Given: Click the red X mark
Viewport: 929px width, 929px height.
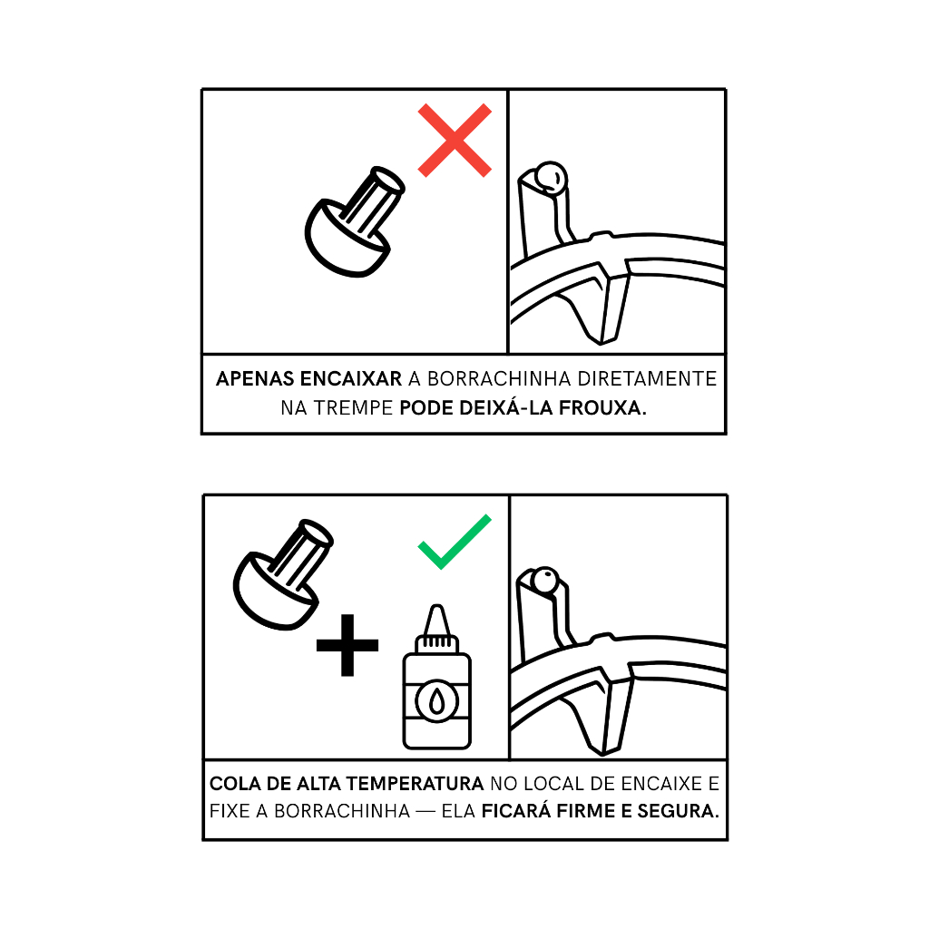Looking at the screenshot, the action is click(455, 141).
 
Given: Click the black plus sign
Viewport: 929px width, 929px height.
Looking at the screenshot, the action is click(347, 645).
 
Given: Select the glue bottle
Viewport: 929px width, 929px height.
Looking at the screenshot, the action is click(436, 677).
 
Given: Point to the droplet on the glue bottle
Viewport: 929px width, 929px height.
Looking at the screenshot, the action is click(436, 702).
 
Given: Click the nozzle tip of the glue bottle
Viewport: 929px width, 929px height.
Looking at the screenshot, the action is click(436, 607).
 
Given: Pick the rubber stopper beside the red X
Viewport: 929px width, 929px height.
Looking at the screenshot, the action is click(355, 221).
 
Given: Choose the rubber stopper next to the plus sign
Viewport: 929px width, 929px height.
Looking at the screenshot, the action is click(283, 574).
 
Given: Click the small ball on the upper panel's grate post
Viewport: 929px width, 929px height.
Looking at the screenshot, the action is click(551, 177).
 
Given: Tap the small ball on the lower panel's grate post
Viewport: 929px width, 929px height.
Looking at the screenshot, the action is click(544, 580).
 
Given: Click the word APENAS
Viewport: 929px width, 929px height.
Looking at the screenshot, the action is click(255, 378).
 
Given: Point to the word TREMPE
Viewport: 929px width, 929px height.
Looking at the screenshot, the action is click(353, 407).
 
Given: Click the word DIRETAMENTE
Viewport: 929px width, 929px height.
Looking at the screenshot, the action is click(647, 378).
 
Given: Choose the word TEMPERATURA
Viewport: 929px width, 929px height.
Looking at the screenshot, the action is click(415, 783).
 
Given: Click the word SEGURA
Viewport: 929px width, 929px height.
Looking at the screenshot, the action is click(679, 810).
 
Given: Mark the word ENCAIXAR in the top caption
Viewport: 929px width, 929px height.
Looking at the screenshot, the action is click(351, 378).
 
